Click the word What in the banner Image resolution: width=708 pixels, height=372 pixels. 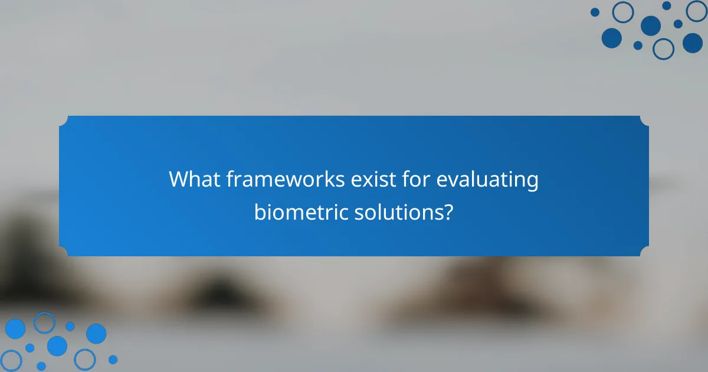pos(193,180)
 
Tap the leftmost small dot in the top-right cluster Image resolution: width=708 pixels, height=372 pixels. pos(595,12)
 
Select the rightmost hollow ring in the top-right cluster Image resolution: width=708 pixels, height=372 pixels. pos(697,11)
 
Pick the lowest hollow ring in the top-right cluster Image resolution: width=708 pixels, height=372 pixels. pos(663,48)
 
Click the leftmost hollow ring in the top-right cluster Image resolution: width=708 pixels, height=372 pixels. pos(622,12)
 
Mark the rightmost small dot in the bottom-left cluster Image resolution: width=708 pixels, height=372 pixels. pos(113,359)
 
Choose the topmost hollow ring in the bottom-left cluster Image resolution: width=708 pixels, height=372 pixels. pos(44,322)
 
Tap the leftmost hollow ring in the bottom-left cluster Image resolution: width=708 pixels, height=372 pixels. pos(11,360)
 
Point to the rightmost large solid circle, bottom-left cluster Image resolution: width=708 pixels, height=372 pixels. pos(96,334)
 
